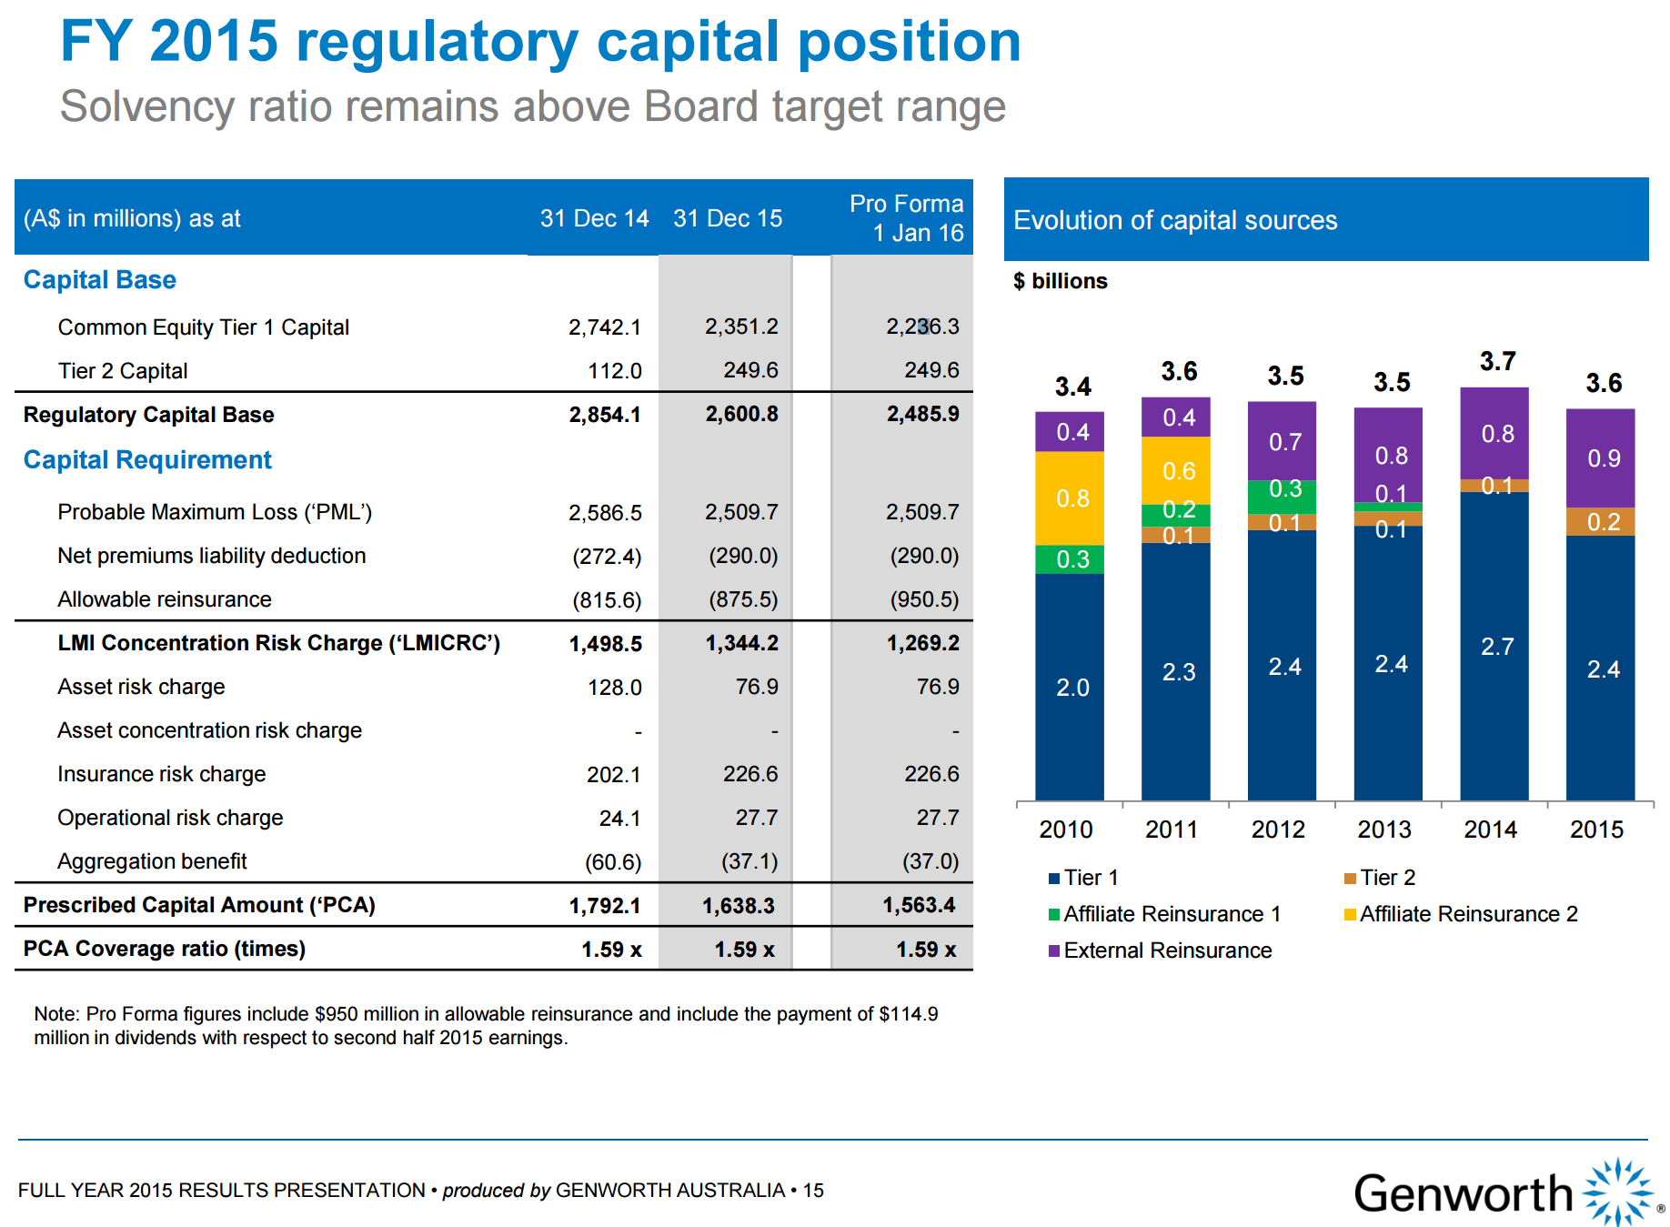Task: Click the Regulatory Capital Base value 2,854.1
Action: point(605,415)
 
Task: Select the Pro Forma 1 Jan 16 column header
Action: point(906,218)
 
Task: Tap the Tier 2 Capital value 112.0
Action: point(615,371)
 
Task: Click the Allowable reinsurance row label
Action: point(165,599)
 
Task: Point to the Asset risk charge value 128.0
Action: point(615,688)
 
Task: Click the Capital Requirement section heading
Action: point(147,460)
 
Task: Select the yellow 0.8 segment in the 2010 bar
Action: point(1071,498)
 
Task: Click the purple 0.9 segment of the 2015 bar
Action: point(1603,458)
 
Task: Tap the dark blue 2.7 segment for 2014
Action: point(1496,647)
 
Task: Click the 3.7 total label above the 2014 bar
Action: point(1497,362)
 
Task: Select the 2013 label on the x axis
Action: point(1383,830)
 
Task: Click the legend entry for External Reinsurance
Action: point(1167,950)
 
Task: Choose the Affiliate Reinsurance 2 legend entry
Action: point(1468,914)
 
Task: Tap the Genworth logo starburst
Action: point(1620,1192)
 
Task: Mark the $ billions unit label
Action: point(1061,282)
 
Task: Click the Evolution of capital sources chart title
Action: point(1175,221)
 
